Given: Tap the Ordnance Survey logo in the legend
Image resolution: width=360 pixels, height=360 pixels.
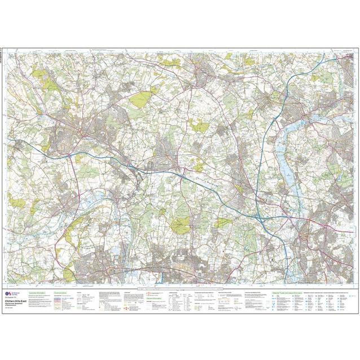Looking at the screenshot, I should (x=9, y=295).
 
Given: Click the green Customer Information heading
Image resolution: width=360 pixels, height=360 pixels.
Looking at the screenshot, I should (x=43, y=292).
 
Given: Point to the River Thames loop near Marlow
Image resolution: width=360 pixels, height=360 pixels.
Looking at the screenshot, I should (x=90, y=197).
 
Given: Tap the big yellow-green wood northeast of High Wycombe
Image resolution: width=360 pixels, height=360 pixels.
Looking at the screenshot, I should (x=138, y=102).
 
